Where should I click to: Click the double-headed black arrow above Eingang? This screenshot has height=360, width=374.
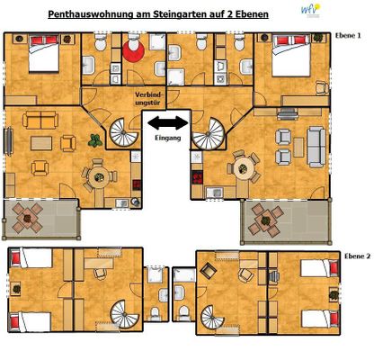tap(167, 122)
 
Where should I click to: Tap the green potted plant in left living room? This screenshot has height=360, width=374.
tap(93, 139)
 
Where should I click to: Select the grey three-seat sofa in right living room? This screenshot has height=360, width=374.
tap(316, 142)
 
